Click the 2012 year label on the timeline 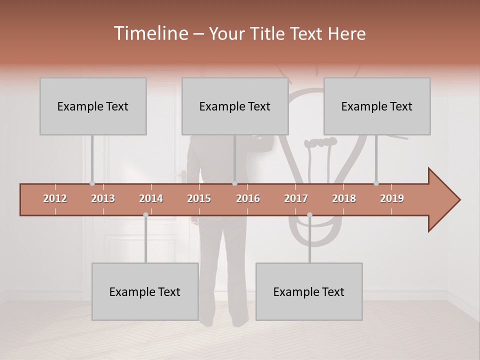click(x=55, y=198)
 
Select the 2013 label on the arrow click(x=103, y=198)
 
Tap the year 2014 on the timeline click(x=151, y=198)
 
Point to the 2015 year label click(x=199, y=198)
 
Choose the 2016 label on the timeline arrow click(x=248, y=198)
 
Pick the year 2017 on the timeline click(x=296, y=198)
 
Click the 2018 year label click(x=344, y=198)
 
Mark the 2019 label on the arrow click(x=392, y=198)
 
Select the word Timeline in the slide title click(x=150, y=33)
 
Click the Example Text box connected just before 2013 click(x=93, y=106)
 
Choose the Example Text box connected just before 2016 click(x=235, y=106)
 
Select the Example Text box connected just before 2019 click(x=377, y=106)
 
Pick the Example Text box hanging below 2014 click(x=145, y=291)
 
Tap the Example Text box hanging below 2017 click(x=309, y=291)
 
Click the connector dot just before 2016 click(x=234, y=183)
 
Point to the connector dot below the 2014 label click(x=145, y=214)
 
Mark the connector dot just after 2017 click(x=309, y=214)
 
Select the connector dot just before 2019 click(x=376, y=183)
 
